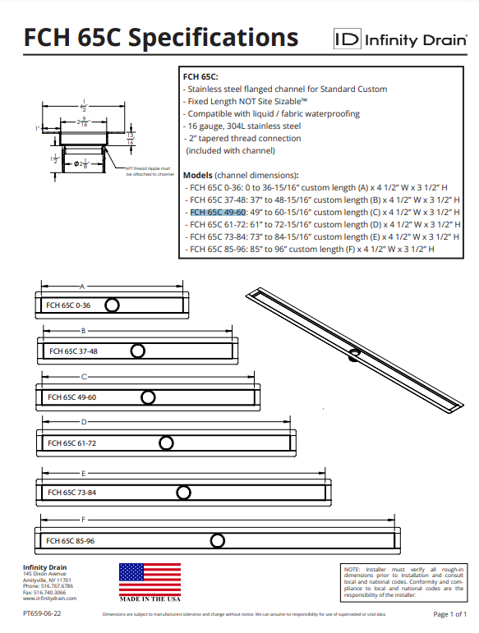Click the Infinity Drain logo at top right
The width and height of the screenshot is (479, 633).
pyautogui.click(x=400, y=39)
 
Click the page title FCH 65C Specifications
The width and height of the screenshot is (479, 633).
pyautogui.click(x=160, y=38)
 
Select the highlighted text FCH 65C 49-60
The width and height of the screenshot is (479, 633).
pyautogui.click(x=218, y=212)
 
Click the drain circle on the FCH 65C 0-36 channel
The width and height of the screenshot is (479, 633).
pyautogui.click(x=113, y=305)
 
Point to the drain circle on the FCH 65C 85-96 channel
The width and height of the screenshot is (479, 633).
pyautogui.click(x=217, y=540)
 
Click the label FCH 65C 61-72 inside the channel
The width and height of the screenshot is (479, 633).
pyautogui.click(x=72, y=443)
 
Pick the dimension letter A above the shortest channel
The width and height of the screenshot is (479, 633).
pyautogui.click(x=82, y=287)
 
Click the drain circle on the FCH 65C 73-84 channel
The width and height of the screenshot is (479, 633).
pyautogui.click(x=182, y=492)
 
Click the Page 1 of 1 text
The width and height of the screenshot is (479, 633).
pyautogui.click(x=449, y=614)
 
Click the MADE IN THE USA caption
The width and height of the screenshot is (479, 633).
pyautogui.click(x=150, y=599)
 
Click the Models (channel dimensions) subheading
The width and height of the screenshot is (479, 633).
pyautogui.click(x=240, y=175)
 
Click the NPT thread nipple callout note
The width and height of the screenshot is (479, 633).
pyautogui.click(x=150, y=172)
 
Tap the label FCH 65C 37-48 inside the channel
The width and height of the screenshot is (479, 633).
pyautogui.click(x=73, y=351)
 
